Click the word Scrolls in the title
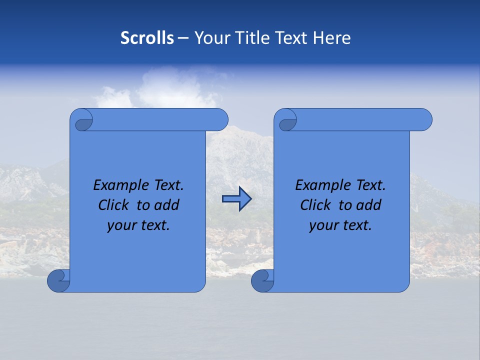tap(147, 38)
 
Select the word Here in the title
tap(331, 38)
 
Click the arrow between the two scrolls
tap(236, 199)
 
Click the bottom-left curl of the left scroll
tap(59, 281)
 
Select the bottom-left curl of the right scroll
tap(262, 281)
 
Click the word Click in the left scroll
tap(113, 205)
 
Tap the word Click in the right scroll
tap(315, 205)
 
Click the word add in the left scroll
tap(166, 205)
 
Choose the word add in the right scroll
tap(368, 205)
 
